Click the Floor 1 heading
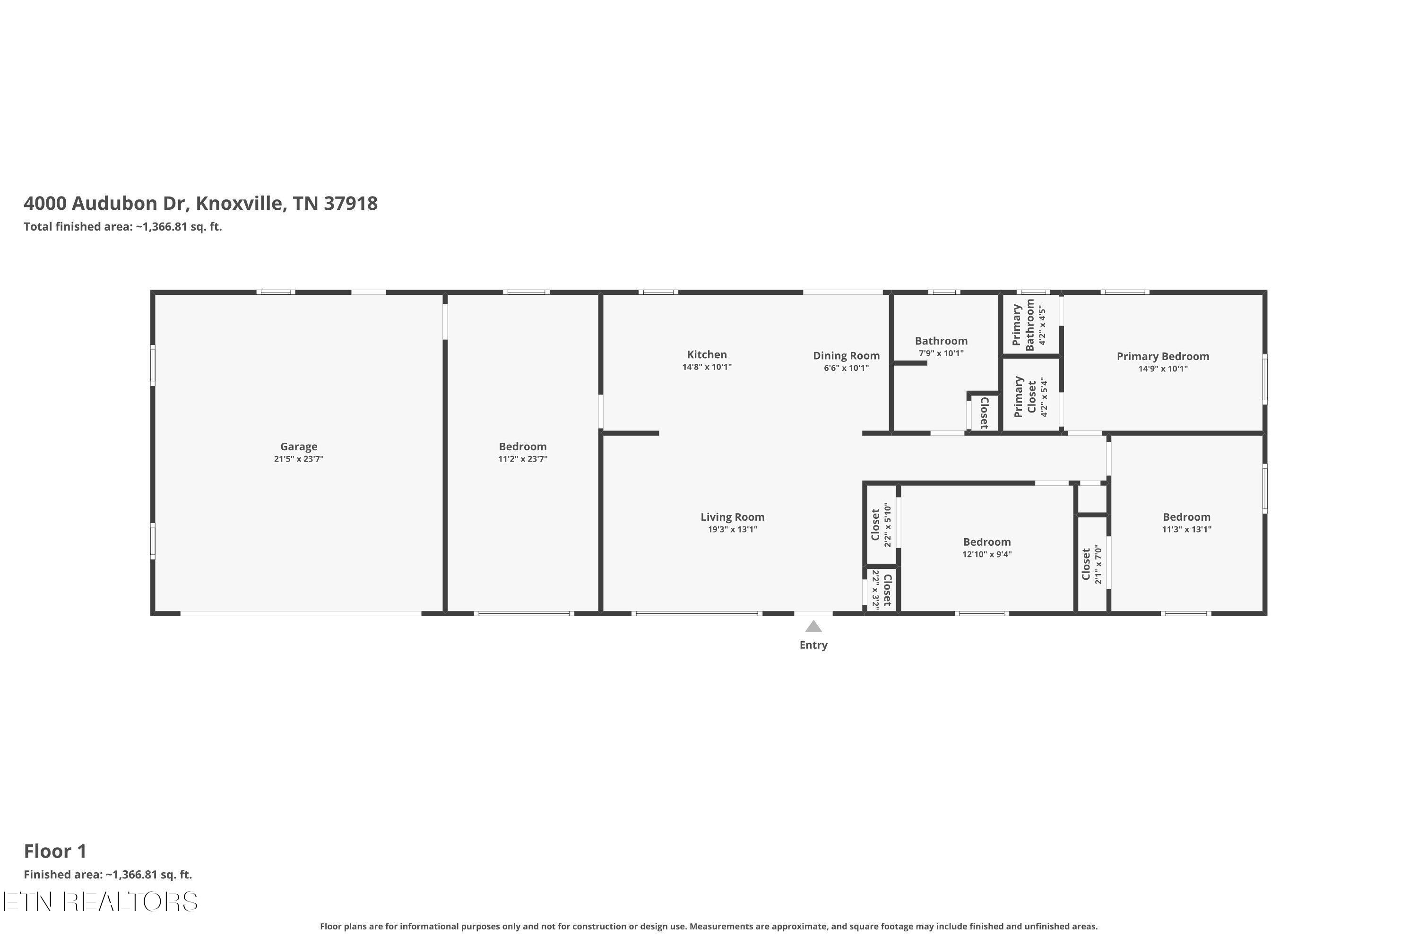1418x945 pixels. pyautogui.click(x=55, y=851)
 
